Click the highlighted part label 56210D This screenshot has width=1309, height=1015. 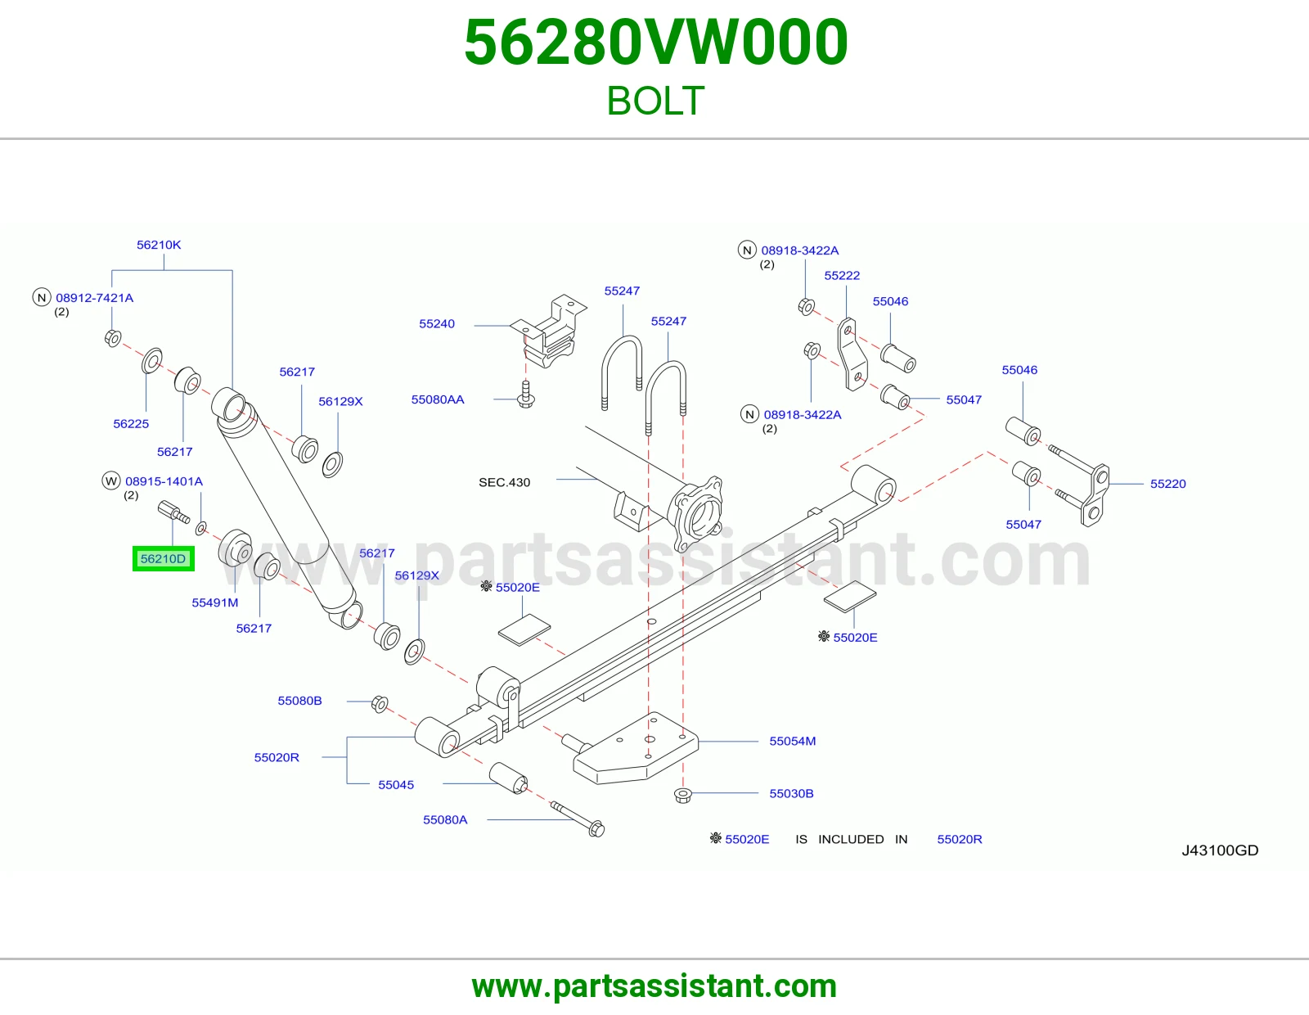pyautogui.click(x=164, y=559)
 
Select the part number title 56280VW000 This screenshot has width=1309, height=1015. pyautogui.click(x=656, y=43)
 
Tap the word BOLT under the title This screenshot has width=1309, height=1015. pyautogui.click(x=655, y=101)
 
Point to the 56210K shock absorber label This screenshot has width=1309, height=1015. pyautogui.click(x=159, y=245)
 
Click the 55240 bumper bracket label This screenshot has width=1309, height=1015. pyautogui.click(x=437, y=323)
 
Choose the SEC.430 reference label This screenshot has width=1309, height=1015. pyautogui.click(x=504, y=482)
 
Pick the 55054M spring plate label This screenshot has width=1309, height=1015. pyautogui.click(x=792, y=741)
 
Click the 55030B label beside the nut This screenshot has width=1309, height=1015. pyautogui.click(x=791, y=793)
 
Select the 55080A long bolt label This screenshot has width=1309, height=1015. pyautogui.click(x=444, y=819)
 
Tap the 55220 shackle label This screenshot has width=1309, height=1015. pyautogui.click(x=1167, y=484)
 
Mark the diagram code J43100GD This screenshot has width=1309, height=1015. pyautogui.click(x=1220, y=850)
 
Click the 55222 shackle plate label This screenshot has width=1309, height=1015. pyautogui.click(x=842, y=276)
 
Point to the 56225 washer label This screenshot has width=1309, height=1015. pyautogui.click(x=131, y=424)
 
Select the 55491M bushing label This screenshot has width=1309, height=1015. pyautogui.click(x=214, y=602)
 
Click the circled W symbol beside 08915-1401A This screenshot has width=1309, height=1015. pyautogui.click(x=110, y=481)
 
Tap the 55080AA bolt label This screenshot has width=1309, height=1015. pyautogui.click(x=438, y=399)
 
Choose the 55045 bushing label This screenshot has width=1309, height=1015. pyautogui.click(x=396, y=785)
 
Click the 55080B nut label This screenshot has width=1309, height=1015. pyautogui.click(x=299, y=701)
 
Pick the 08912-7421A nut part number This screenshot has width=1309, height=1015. pyautogui.click(x=95, y=298)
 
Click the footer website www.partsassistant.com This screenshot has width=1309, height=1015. pyautogui.click(x=654, y=986)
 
